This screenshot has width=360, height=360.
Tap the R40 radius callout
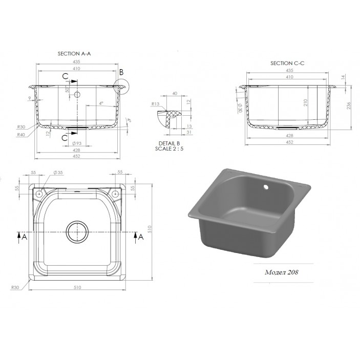22,134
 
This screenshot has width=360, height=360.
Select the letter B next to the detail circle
121,73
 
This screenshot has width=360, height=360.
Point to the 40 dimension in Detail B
175,94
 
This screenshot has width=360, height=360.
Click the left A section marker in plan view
19,236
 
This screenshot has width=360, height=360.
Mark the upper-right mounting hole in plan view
115,194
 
